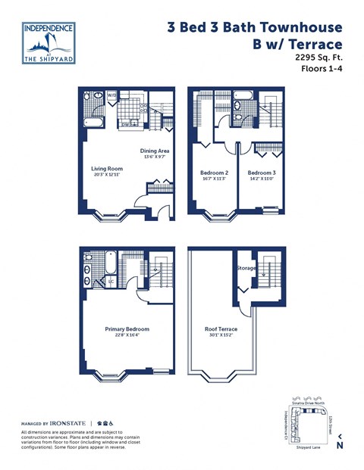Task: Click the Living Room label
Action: pyautogui.click(x=107, y=169)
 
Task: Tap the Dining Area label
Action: pyautogui.click(x=154, y=151)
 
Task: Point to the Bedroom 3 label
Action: pyautogui.click(x=262, y=173)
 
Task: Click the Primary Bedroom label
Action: pyautogui.click(x=127, y=329)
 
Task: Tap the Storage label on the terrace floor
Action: pyautogui.click(x=246, y=267)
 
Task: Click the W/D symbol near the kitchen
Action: pyautogui.click(x=111, y=95)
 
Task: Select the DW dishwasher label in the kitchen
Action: pyautogui.click(x=134, y=124)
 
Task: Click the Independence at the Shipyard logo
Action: pyautogui.click(x=49, y=42)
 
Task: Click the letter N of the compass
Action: pyautogui.click(x=339, y=446)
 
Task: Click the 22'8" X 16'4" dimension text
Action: pyautogui.click(x=127, y=335)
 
